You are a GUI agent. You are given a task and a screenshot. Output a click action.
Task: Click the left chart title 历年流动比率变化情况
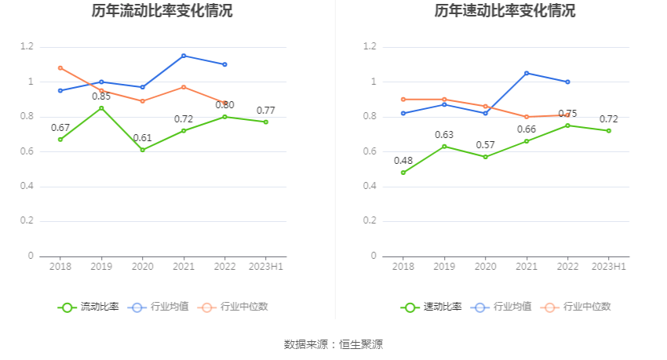[162, 11]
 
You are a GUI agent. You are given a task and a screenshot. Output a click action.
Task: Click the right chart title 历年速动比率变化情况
[505, 11]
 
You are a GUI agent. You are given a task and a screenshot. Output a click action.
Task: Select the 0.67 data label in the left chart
[60, 128]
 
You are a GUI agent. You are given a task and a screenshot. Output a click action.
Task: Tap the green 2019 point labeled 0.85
[101, 107]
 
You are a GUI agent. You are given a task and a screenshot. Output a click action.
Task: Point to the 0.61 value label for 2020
[142, 138]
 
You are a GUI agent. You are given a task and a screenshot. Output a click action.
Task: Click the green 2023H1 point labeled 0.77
[266, 122]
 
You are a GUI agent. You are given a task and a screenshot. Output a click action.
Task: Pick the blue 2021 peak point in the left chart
[184, 56]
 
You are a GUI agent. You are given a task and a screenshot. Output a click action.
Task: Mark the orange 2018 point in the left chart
[60, 67]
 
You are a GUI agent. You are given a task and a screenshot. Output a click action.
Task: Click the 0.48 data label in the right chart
[403, 161]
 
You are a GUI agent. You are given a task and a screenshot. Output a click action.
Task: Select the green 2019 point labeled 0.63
[444, 146]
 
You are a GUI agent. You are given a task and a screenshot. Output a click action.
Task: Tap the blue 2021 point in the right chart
[527, 73]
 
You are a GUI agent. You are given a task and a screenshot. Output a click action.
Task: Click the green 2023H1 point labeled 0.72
[608, 130]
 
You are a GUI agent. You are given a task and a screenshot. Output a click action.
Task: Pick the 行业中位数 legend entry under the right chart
[579, 307]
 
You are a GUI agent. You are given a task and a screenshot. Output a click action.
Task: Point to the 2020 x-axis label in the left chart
[142, 267]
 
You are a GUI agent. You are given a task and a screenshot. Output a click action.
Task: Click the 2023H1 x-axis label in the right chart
[608, 267]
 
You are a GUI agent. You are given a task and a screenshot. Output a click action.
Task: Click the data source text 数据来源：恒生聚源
[333, 344]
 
